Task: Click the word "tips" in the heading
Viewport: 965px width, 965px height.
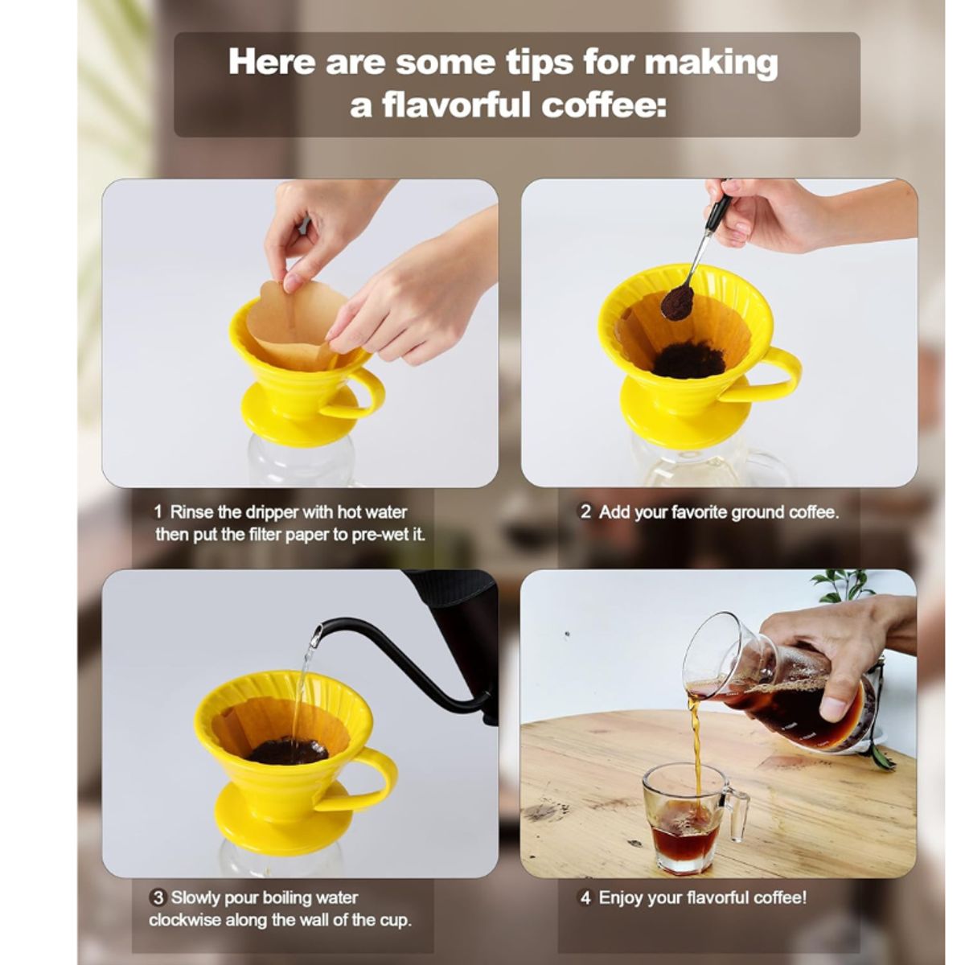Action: (528, 63)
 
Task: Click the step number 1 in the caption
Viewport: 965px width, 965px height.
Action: (158, 512)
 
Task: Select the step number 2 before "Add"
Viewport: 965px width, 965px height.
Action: (585, 512)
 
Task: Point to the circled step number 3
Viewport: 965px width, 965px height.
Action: (158, 897)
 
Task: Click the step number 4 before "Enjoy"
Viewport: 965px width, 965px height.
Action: (585, 897)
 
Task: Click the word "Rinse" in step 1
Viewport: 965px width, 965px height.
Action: (192, 512)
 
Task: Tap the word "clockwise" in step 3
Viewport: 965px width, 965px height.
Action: (186, 920)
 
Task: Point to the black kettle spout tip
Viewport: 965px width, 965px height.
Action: (317, 632)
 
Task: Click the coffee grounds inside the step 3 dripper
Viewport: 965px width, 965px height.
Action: (287, 751)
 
